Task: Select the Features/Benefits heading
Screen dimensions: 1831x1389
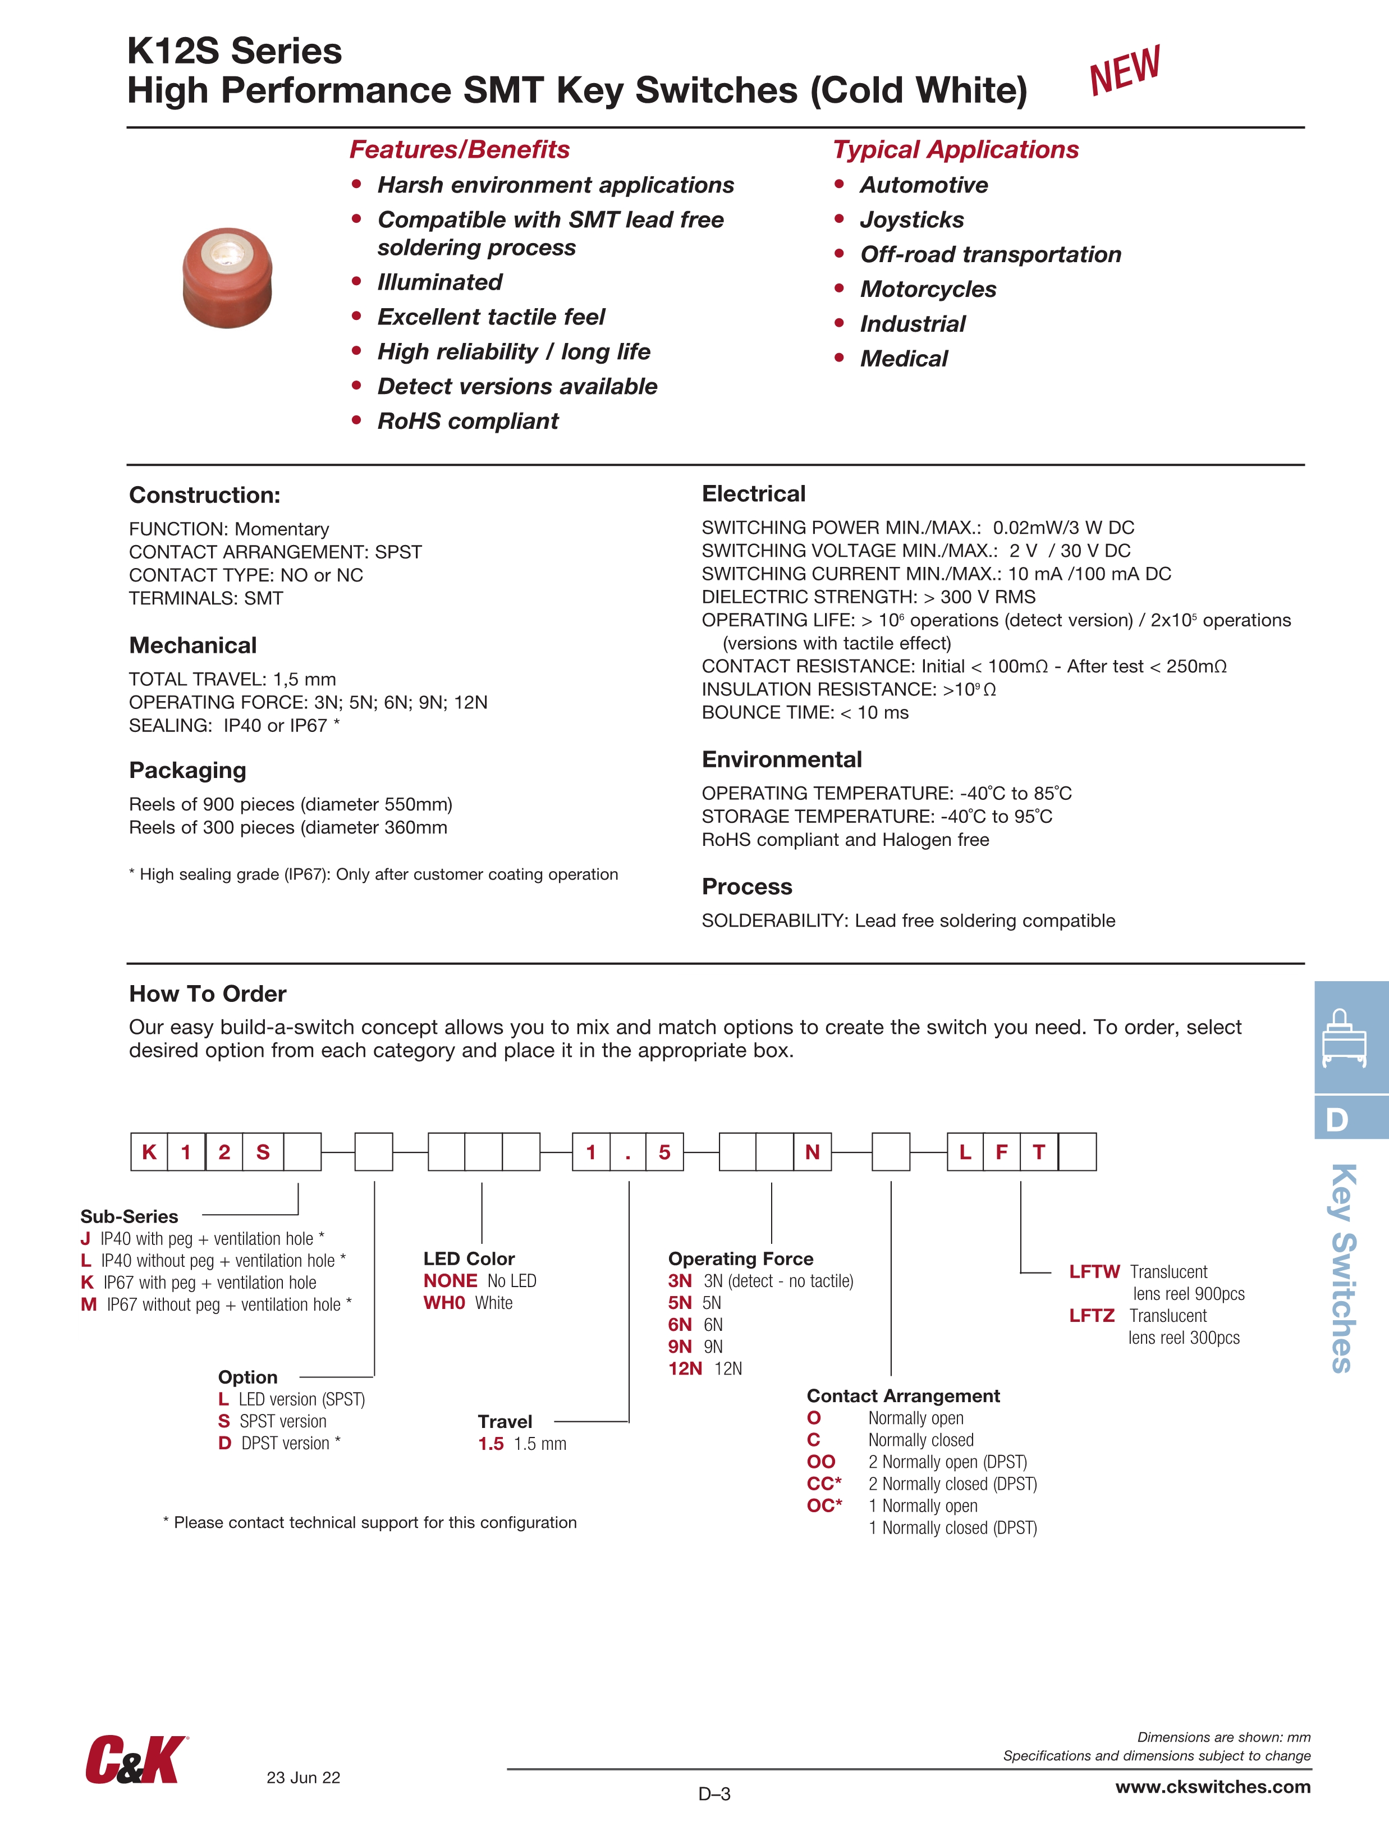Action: [460, 150]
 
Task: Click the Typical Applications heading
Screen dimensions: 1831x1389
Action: [955, 150]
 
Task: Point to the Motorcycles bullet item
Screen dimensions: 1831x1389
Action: [927, 289]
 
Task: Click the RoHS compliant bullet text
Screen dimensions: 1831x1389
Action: [467, 422]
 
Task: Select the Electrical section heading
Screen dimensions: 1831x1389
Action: [753, 494]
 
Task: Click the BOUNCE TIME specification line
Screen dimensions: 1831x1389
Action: [805, 713]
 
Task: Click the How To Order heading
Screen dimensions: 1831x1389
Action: [208, 994]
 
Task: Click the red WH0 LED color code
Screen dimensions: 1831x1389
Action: [444, 1303]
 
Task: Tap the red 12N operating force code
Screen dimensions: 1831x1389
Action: [685, 1369]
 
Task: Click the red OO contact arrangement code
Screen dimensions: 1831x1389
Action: [821, 1462]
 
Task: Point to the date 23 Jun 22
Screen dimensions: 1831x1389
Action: [303, 1777]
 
